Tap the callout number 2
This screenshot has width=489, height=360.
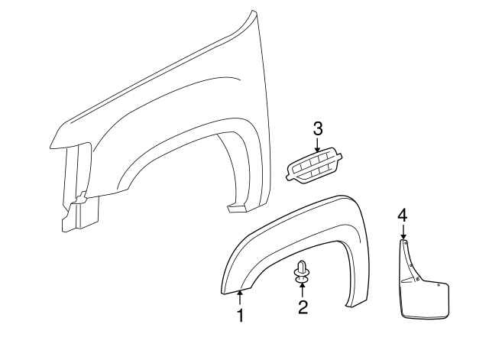[303, 307]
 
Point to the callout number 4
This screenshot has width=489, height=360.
[403, 216]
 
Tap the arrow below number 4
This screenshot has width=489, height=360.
[403, 232]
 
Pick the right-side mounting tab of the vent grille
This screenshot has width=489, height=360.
[348, 161]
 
